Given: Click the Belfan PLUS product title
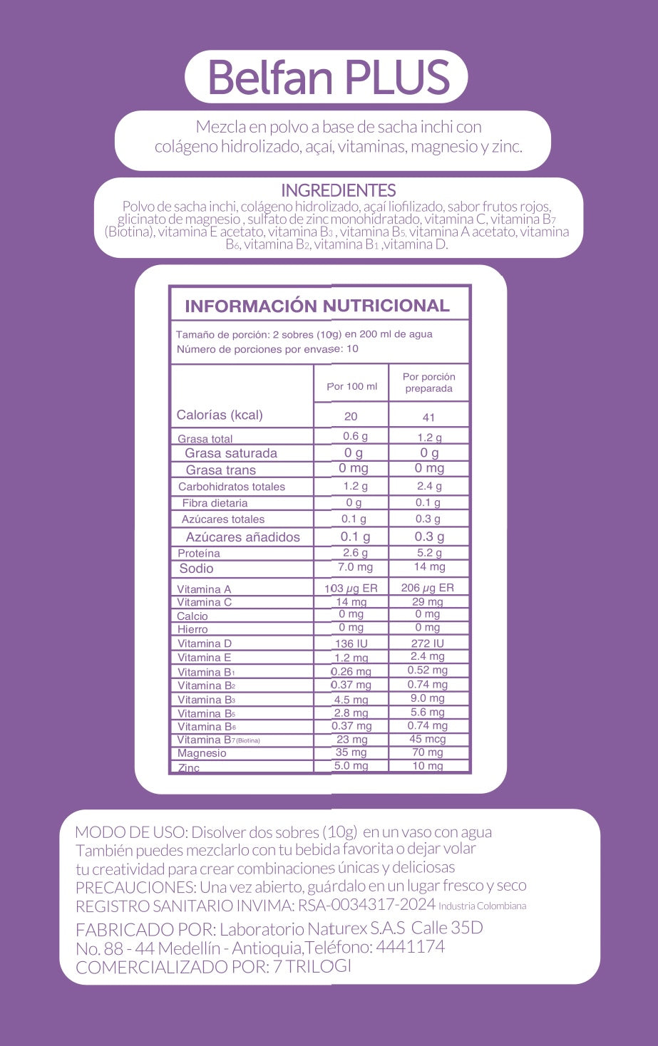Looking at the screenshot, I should tap(329, 77).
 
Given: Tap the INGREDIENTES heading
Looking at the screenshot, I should tap(338, 190).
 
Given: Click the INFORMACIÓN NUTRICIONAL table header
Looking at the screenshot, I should tap(317, 306).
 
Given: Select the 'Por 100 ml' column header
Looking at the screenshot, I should tap(351, 386).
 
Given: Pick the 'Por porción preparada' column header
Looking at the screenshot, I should tap(428, 383).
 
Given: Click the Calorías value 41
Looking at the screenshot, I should tap(428, 417).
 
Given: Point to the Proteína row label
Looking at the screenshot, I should tap(199, 553).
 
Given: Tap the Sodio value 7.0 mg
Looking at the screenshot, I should tap(355, 567).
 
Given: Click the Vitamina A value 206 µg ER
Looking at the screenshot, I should tap(427, 588).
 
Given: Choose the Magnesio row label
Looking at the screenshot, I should tap(202, 753).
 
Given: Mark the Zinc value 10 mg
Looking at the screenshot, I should tap(427, 766).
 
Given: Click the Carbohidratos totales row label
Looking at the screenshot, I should tap(232, 487).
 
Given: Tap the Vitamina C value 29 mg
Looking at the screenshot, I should tap(427, 602).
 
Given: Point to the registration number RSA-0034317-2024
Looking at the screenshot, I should tap(366, 905).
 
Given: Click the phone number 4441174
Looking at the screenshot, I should tap(410, 947).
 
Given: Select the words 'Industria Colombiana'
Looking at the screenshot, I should tap(482, 906).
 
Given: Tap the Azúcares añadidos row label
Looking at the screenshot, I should tap(242, 537).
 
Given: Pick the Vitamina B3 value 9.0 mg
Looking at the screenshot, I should tap(427, 698).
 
